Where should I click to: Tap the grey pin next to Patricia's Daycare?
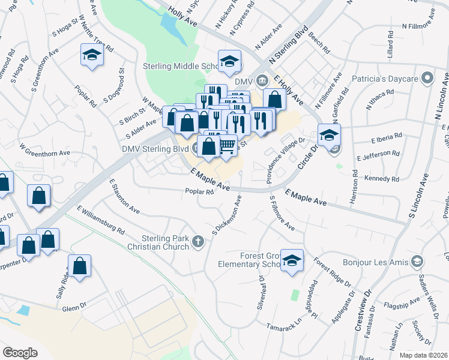427,78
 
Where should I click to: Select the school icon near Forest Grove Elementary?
292,260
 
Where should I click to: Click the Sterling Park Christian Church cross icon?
199,242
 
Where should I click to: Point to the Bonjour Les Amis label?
375,262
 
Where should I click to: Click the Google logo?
20,352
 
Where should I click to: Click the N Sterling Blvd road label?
288,45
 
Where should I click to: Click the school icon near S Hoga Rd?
92,55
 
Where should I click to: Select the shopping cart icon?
227,145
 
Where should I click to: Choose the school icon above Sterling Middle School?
229,61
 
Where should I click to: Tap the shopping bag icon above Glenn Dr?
79,266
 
